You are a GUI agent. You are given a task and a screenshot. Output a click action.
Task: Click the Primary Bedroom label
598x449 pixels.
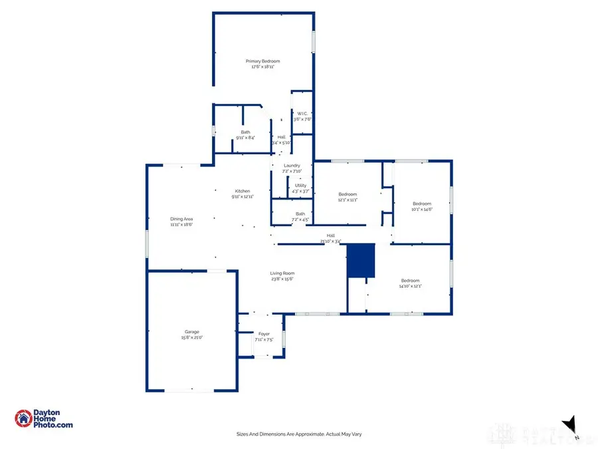pos(262,61)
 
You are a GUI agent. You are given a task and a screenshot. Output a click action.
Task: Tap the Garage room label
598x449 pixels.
pos(192,331)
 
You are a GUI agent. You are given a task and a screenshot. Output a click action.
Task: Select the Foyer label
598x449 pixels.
pos(264,334)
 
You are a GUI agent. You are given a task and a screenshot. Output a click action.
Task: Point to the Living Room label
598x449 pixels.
pos(282,273)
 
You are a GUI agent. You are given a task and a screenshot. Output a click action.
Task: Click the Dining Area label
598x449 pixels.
pos(181,219)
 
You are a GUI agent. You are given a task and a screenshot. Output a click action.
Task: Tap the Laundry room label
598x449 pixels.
pos(292,166)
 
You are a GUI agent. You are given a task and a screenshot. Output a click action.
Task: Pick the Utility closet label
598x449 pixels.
pos(300,186)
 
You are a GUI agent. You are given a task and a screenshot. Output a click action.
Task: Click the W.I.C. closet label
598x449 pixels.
pos(302,113)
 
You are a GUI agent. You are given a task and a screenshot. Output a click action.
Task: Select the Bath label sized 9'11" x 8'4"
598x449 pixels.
pos(245,132)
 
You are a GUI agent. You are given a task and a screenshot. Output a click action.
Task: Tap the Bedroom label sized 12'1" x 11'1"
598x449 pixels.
pos(348,194)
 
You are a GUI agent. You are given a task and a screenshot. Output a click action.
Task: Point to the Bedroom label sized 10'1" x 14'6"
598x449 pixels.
pos(421,204)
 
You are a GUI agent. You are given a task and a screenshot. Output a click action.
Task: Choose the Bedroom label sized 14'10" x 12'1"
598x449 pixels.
pos(410,281)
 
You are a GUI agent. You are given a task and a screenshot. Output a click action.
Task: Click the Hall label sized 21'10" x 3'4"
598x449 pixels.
pos(330,235)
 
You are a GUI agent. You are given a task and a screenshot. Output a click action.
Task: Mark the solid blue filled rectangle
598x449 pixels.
pos(361,261)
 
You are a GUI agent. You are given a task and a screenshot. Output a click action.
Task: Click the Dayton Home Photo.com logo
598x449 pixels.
pos(44,418)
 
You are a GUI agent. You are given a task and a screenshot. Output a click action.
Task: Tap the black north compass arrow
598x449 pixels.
pos(569,424)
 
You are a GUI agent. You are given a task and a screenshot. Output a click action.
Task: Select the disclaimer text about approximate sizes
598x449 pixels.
pos(299,434)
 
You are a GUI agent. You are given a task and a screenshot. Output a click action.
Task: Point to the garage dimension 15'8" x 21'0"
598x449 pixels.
pos(192,337)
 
